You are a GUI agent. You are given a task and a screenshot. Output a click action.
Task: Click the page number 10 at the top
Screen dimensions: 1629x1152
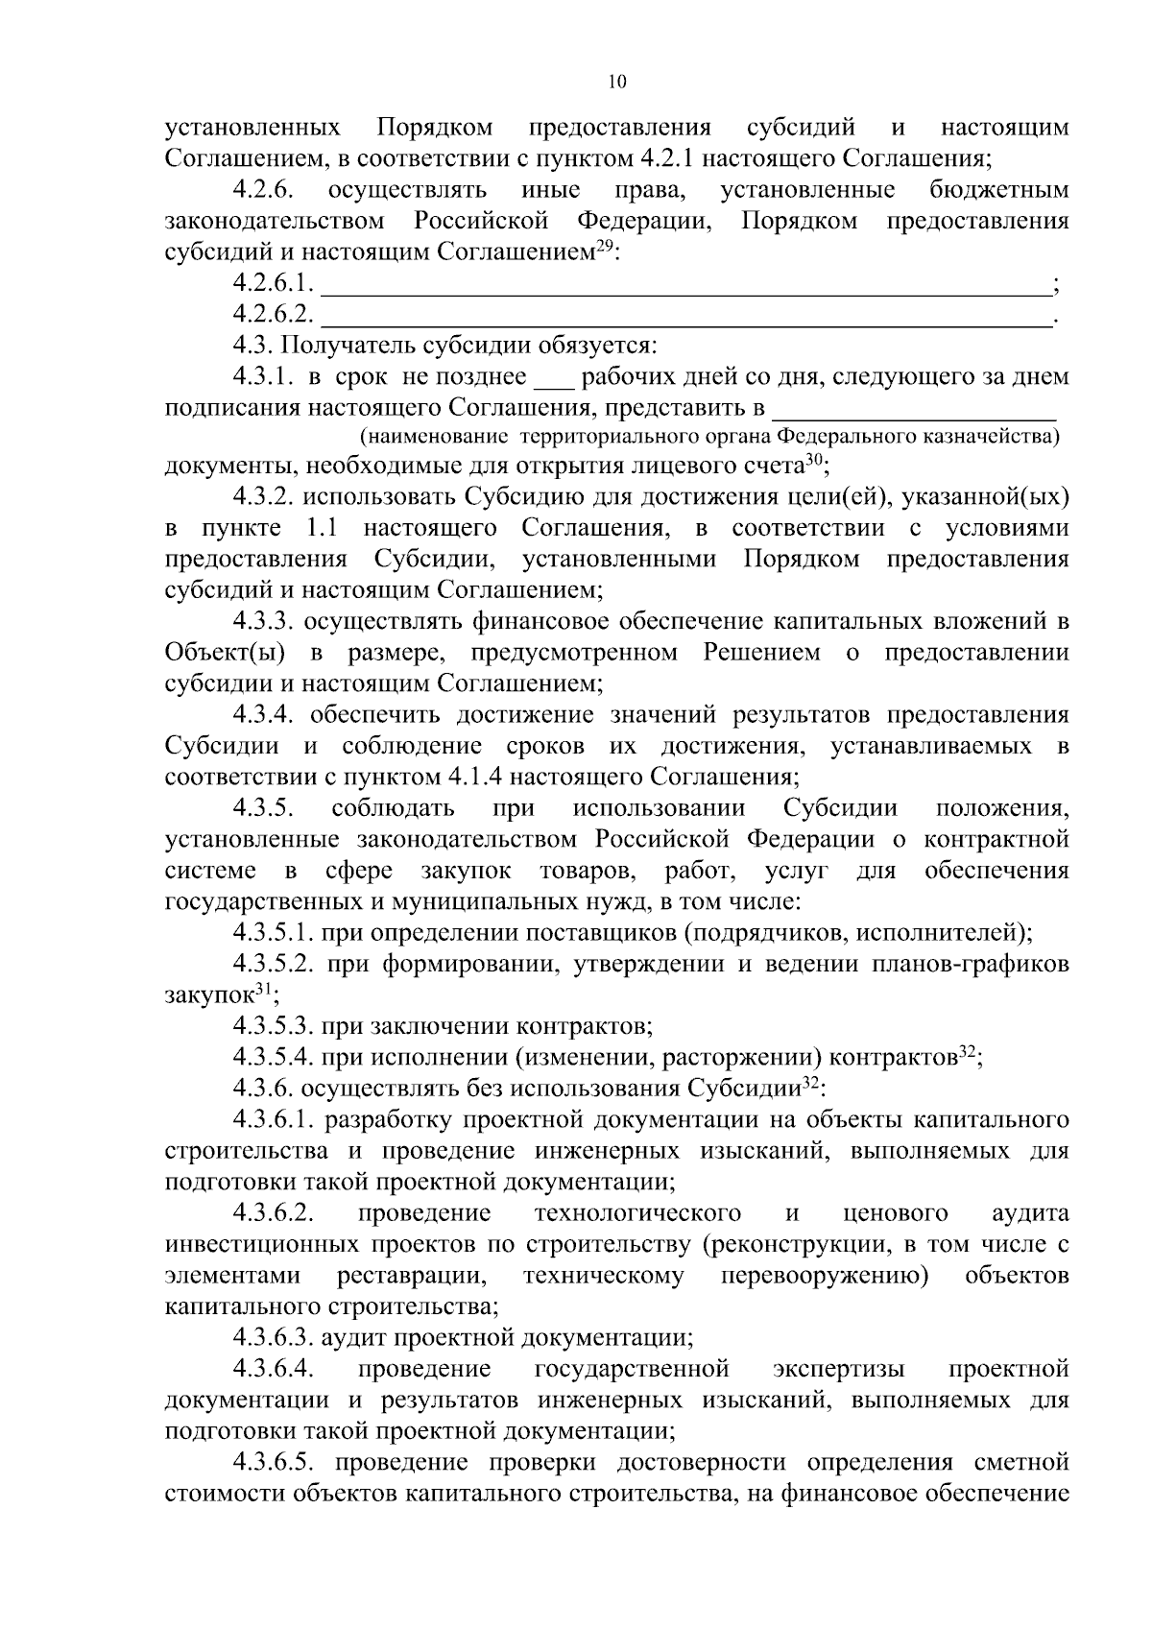(616, 82)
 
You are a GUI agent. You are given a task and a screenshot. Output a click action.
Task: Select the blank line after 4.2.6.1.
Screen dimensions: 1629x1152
(686, 283)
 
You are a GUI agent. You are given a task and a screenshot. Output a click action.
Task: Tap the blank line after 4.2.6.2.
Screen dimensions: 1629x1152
(686, 315)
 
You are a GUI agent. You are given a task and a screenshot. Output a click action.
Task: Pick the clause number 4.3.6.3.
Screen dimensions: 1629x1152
(273, 1337)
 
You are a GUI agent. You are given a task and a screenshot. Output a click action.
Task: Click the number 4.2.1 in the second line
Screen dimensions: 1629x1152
(663, 158)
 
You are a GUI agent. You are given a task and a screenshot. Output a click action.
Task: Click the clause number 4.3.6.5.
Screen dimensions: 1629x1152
(273, 1462)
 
